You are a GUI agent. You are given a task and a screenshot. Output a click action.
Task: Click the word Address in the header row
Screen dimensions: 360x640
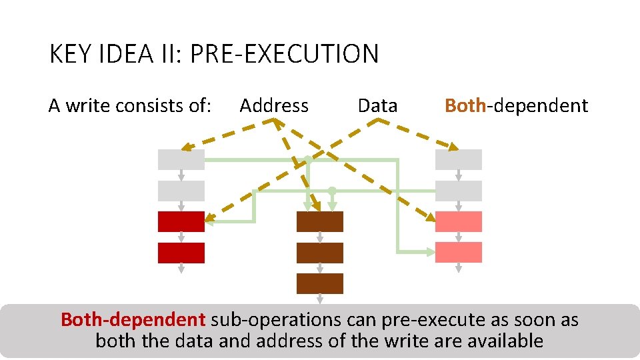(x=274, y=105)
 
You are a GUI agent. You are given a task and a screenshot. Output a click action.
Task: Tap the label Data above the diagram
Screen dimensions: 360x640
(x=377, y=105)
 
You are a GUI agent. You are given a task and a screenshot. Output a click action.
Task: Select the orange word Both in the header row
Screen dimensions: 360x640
(x=465, y=105)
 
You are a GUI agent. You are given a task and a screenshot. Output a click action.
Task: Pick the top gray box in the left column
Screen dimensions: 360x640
(x=181, y=159)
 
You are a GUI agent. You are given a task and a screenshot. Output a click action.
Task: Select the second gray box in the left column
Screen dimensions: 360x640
(x=181, y=191)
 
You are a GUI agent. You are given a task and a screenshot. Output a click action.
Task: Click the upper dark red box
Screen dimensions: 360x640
(x=181, y=221)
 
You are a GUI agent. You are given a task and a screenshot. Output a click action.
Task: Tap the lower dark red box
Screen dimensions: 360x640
(x=181, y=253)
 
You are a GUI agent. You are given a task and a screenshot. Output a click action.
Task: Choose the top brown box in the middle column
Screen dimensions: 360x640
(x=319, y=221)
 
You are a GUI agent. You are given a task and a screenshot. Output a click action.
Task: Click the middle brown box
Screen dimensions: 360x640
(x=319, y=253)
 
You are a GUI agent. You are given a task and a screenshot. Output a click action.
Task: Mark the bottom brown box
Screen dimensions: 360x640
(x=319, y=283)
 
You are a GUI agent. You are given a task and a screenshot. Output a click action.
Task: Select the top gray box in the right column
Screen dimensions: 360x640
(x=458, y=159)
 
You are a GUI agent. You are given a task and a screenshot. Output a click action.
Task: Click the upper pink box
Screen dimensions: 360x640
(x=458, y=221)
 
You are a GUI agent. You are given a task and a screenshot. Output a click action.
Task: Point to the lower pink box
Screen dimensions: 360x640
(x=458, y=252)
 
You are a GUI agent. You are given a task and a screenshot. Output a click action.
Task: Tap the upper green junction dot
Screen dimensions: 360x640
(x=307, y=159)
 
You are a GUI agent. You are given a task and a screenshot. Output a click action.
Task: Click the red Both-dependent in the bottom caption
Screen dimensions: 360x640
(x=133, y=320)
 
